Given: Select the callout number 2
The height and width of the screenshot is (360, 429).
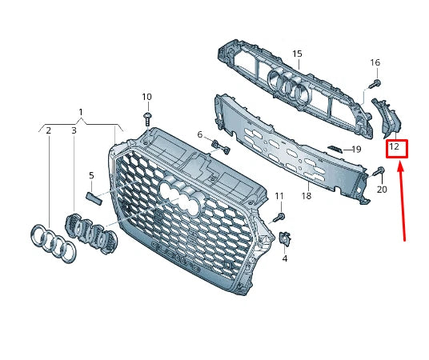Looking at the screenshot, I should click(x=49, y=130).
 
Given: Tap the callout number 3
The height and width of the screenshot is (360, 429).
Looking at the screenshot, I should click(x=74, y=130).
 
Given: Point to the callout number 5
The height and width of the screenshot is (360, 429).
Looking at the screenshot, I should click(x=91, y=175).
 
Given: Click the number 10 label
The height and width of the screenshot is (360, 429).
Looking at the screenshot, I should click(x=146, y=97).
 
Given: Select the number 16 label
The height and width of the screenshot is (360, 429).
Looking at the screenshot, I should click(x=375, y=62).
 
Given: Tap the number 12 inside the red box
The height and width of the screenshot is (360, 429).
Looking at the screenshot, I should click(x=395, y=148).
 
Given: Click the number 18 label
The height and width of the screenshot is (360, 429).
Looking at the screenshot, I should click(x=306, y=195).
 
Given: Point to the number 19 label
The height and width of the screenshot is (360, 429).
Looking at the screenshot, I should click(x=356, y=149).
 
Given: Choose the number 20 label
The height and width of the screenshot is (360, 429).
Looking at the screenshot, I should click(x=381, y=190).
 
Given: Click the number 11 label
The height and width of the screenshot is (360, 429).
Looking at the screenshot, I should click(x=279, y=196).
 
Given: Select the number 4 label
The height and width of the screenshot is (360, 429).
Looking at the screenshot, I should click(x=285, y=258).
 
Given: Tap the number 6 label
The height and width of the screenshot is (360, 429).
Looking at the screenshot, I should click(x=200, y=134).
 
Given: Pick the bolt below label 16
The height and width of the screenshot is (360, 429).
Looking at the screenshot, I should click(x=374, y=82).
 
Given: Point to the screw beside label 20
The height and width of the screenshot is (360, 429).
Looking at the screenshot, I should click(x=379, y=170).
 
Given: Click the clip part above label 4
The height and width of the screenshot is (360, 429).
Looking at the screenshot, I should click(x=286, y=238).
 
